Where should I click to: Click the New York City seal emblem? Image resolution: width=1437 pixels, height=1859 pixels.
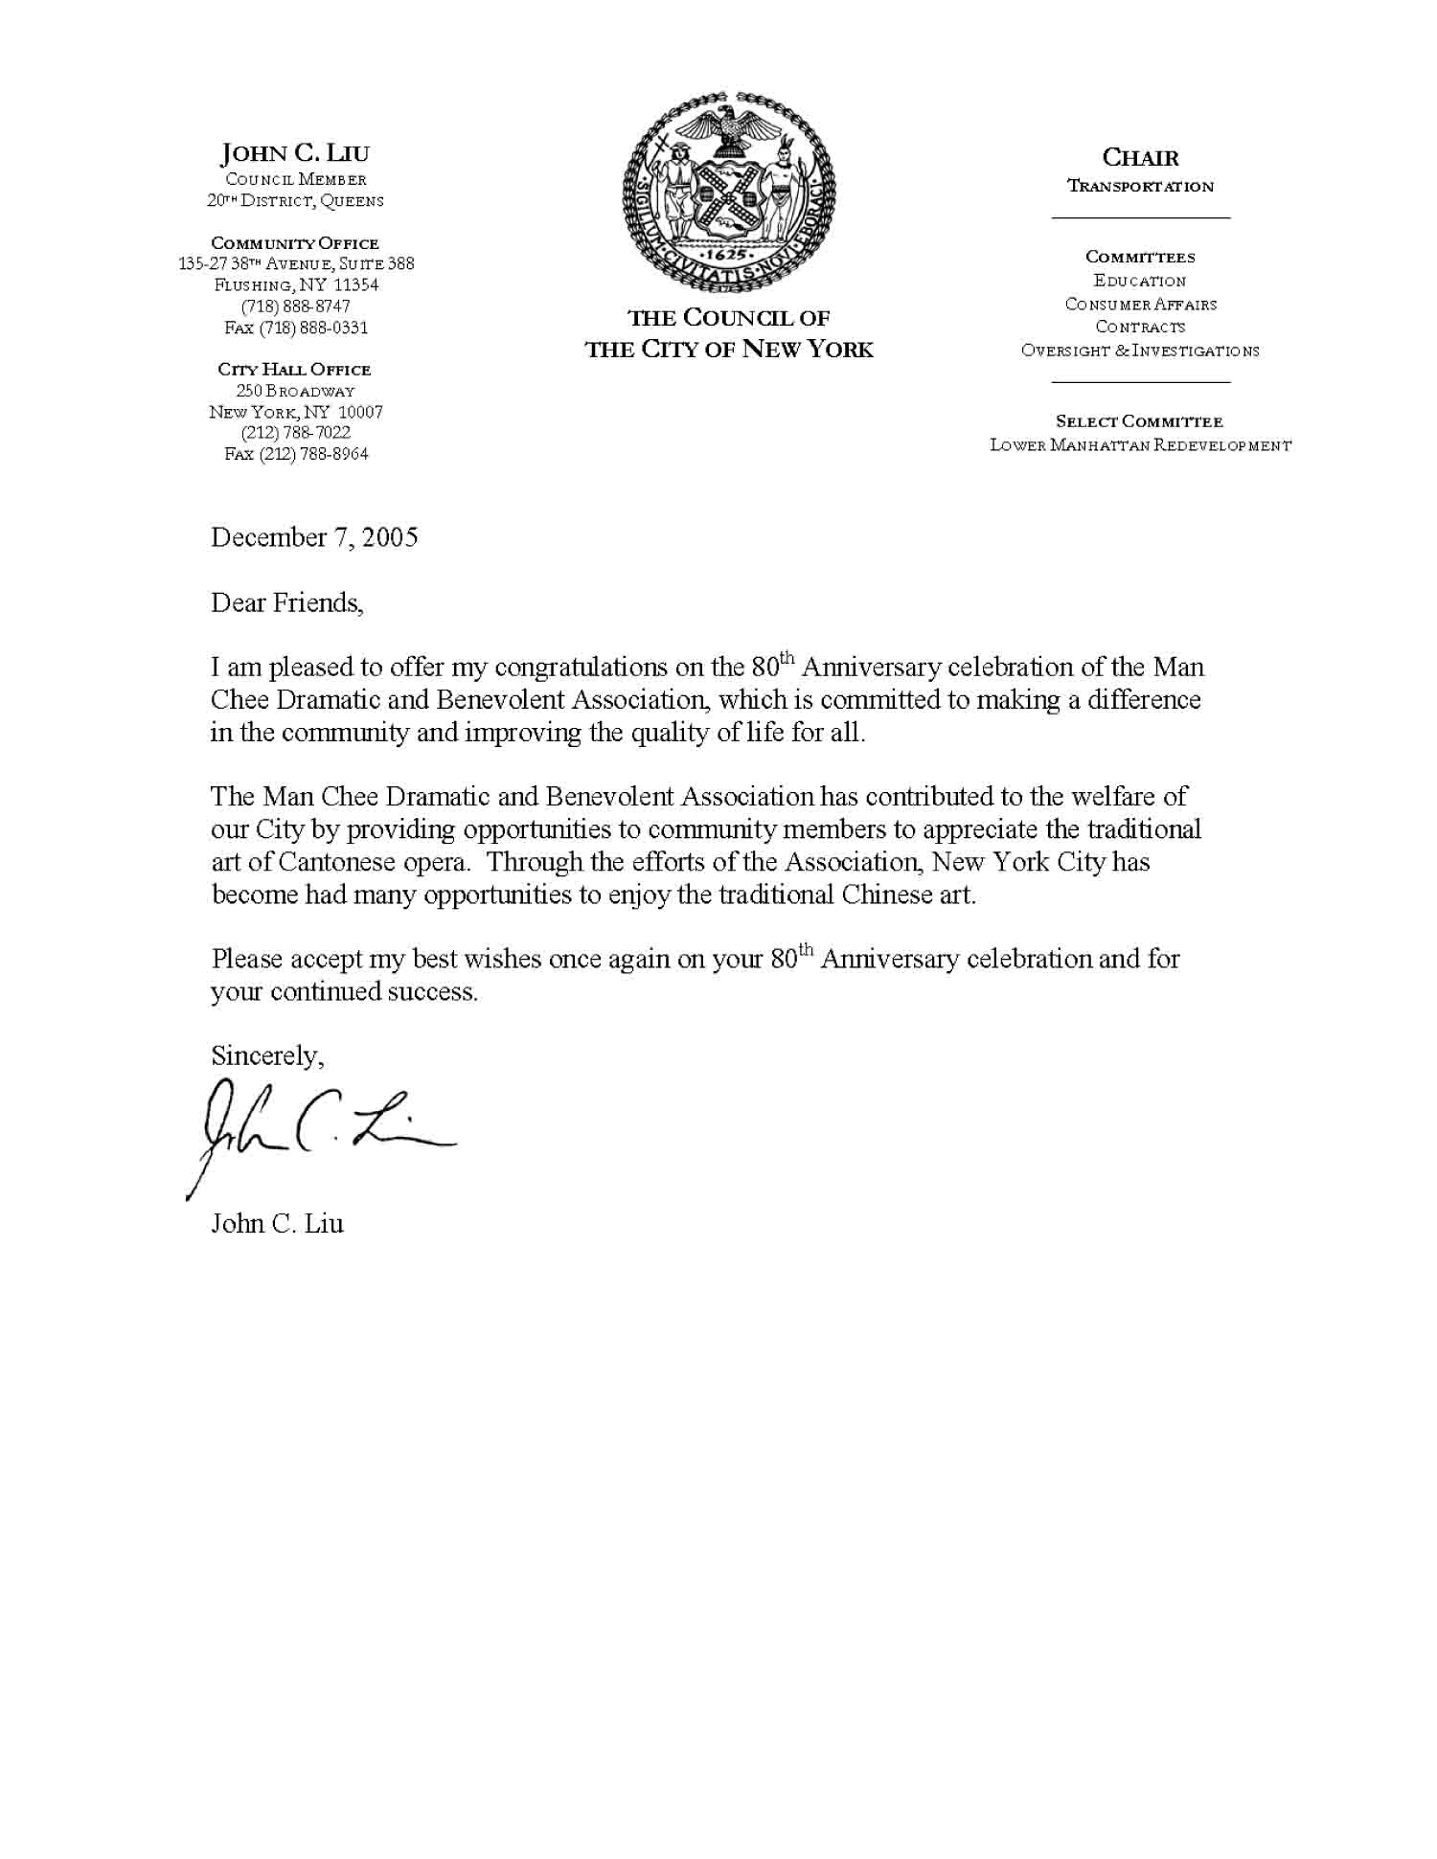(x=729, y=193)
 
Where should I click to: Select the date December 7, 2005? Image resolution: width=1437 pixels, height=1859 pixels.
(x=314, y=537)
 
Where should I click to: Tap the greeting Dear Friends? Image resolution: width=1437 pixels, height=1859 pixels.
(x=286, y=603)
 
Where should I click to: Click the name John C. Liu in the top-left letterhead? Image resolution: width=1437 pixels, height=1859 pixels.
(x=295, y=153)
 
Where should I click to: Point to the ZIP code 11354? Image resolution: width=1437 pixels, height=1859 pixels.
(x=355, y=285)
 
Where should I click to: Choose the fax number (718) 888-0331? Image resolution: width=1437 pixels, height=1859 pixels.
(x=296, y=328)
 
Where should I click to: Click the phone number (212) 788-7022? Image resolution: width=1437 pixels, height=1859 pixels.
(x=296, y=433)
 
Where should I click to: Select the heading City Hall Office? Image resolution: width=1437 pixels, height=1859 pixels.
(x=294, y=370)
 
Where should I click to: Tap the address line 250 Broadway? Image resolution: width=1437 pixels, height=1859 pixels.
(x=295, y=391)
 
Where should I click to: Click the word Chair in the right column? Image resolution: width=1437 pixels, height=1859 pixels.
(x=1140, y=158)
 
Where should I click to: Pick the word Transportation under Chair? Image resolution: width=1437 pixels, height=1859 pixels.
(x=1140, y=187)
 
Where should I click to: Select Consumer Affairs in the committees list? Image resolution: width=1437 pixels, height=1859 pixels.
(x=1140, y=305)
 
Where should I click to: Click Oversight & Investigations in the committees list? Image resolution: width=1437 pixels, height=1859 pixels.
(x=1140, y=351)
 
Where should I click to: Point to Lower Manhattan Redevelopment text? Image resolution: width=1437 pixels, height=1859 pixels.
(x=1140, y=445)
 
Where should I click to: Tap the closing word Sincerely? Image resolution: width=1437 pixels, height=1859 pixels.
(x=267, y=1055)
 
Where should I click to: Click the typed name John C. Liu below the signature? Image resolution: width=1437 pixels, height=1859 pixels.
(x=277, y=1224)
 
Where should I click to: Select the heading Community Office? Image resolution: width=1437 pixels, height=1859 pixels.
(x=295, y=243)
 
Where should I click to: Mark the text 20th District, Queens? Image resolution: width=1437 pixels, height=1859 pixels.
(x=295, y=201)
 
